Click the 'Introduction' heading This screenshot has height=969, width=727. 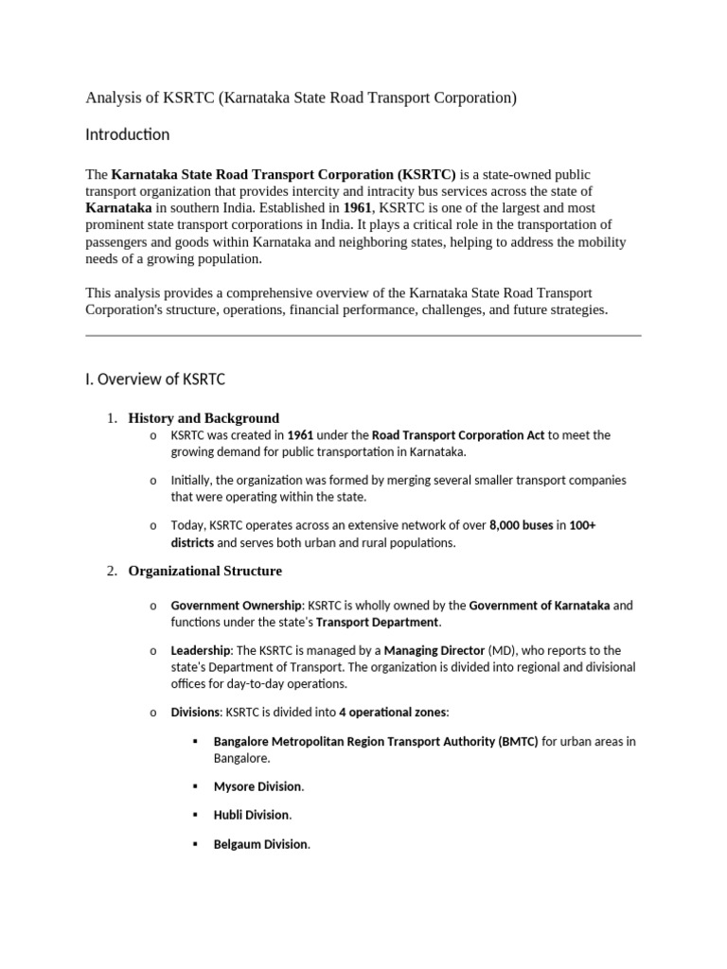point(128,135)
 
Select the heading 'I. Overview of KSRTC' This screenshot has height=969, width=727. point(155,379)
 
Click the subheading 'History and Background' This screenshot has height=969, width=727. point(204,418)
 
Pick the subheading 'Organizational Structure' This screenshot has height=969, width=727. point(204,571)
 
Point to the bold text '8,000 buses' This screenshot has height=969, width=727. point(521,525)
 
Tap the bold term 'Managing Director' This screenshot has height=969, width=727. point(434,651)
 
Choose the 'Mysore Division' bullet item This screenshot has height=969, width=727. point(258,786)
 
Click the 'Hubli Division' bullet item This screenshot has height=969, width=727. point(252,815)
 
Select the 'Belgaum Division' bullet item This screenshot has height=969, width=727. point(261,844)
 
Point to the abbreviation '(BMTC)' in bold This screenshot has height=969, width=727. point(518,742)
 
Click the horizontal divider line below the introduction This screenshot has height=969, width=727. point(363,335)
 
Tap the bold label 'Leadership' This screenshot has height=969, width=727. point(200,651)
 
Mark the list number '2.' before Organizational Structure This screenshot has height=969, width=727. point(112,571)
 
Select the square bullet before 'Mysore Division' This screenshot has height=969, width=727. point(195,786)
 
